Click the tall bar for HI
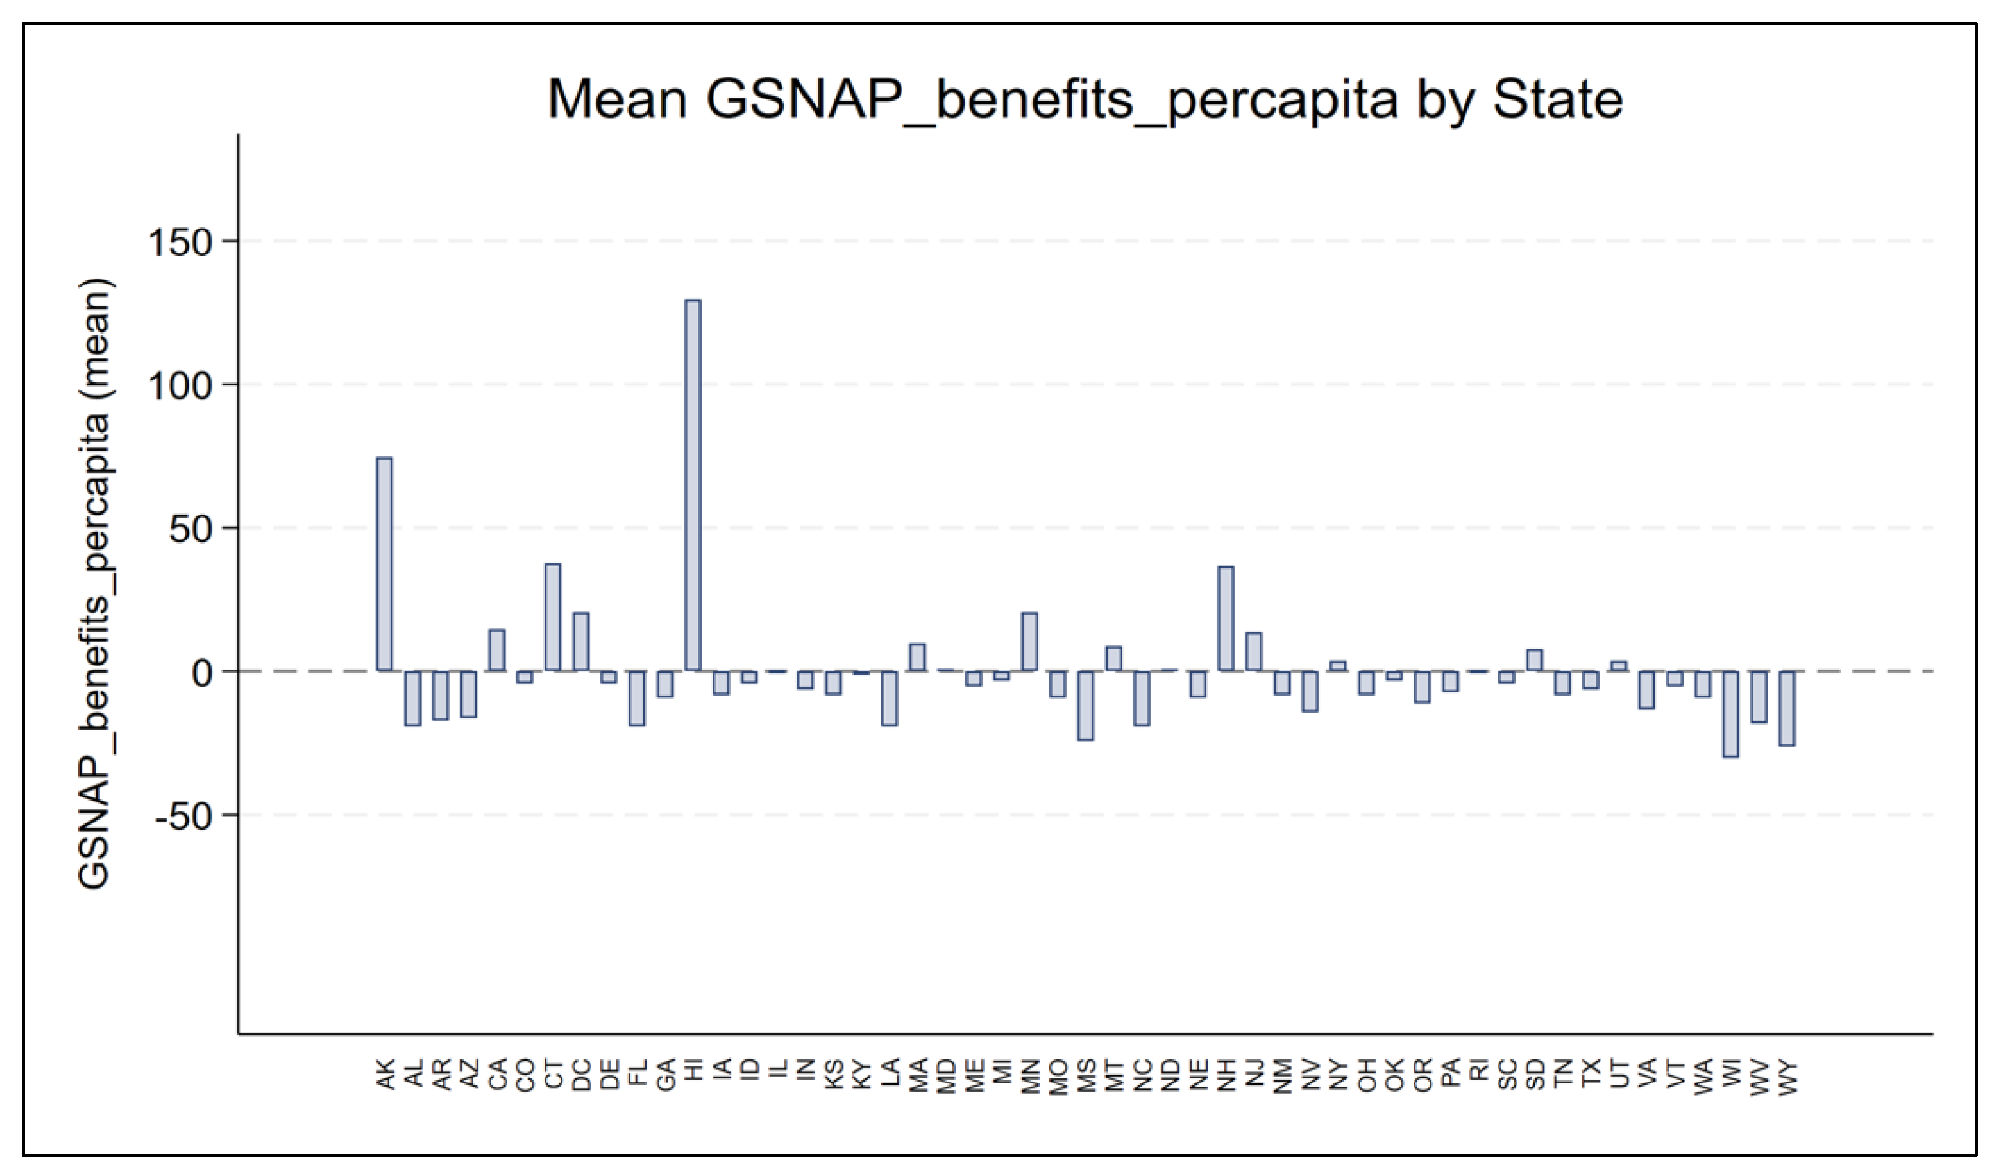coord(693,485)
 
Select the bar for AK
coord(384,564)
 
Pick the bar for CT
coord(553,617)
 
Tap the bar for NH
coord(1225,618)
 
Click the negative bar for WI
coord(1730,713)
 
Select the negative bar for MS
coord(1085,705)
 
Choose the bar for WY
coord(1786,708)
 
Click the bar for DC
coord(581,642)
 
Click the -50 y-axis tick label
coord(184,817)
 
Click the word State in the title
coord(1557,101)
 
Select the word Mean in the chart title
coord(618,101)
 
